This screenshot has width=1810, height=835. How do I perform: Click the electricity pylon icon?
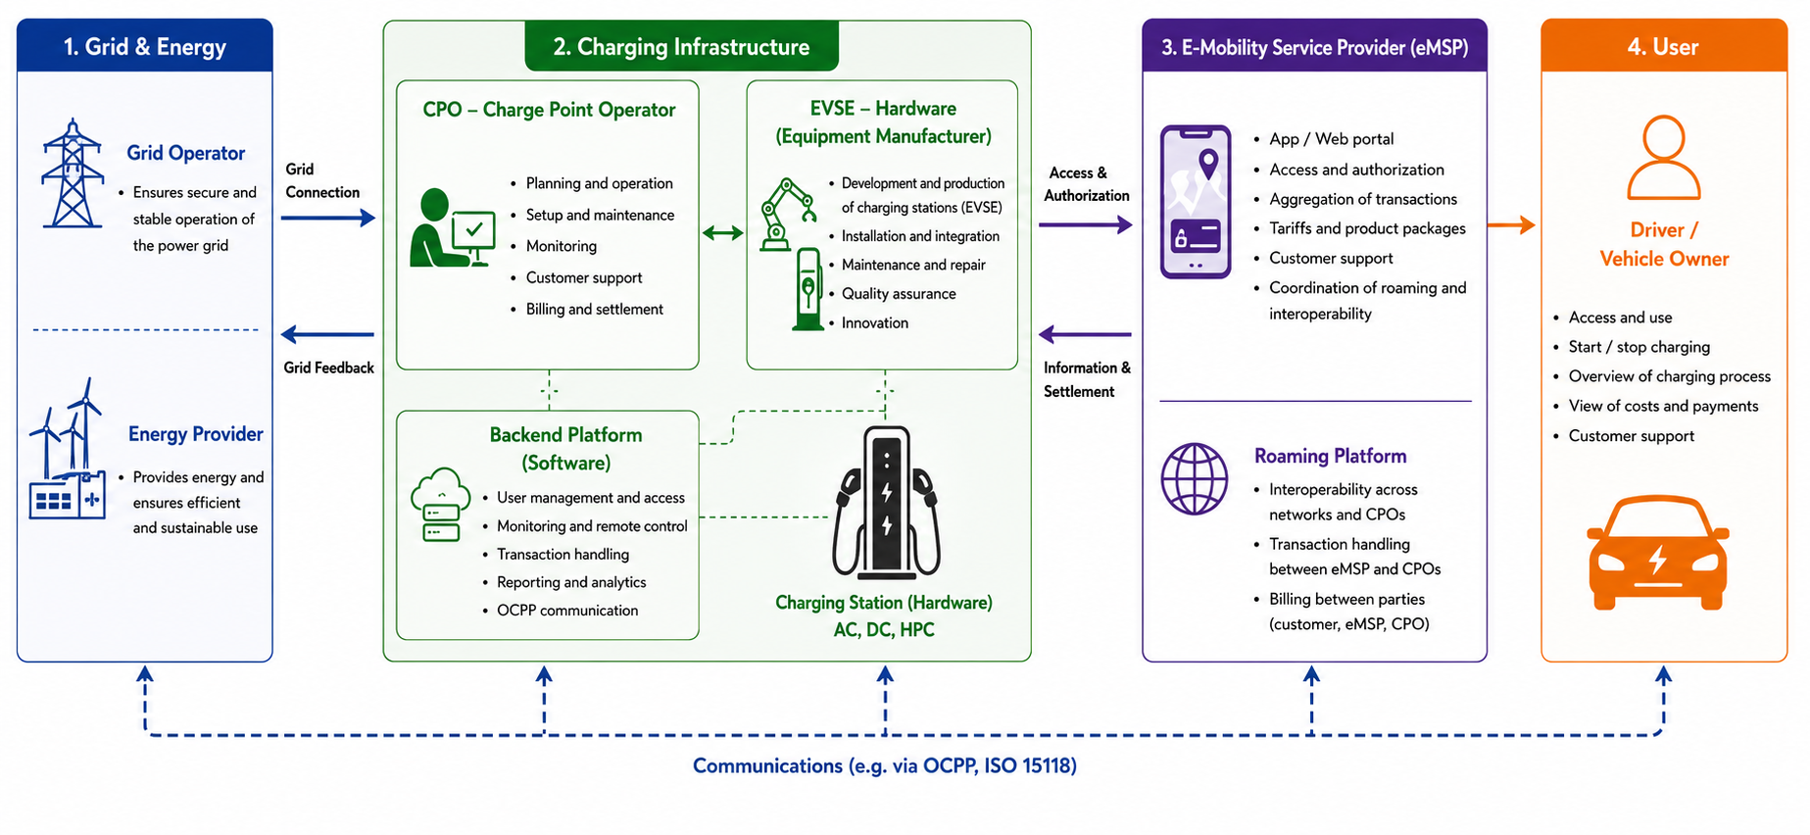tap(73, 173)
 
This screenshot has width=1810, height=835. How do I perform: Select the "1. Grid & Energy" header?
tap(145, 46)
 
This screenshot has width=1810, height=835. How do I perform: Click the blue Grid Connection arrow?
tap(328, 218)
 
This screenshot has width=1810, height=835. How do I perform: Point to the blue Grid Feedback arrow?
tap(327, 335)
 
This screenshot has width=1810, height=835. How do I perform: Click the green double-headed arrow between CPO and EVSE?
tap(723, 233)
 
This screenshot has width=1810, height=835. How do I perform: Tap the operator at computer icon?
tap(452, 228)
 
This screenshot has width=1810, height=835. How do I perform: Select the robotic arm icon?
tap(788, 214)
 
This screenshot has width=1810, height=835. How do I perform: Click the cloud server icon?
tap(441, 505)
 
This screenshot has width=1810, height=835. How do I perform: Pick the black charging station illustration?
tap(886, 503)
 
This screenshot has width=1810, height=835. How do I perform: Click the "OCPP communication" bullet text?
tap(567, 611)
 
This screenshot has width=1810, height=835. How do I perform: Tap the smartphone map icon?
tap(1196, 202)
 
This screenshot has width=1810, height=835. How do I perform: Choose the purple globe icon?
tap(1195, 479)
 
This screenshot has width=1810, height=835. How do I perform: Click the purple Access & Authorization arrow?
tap(1086, 225)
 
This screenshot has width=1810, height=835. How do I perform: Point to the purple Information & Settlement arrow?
tap(1085, 335)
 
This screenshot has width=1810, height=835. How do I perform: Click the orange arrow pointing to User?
tap(1511, 225)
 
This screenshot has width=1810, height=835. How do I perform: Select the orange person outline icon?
tap(1664, 158)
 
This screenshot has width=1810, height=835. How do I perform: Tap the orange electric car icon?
tap(1658, 554)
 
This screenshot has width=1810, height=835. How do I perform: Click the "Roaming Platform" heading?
tap(1331, 456)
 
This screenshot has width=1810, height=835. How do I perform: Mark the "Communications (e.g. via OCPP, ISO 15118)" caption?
tap(885, 765)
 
